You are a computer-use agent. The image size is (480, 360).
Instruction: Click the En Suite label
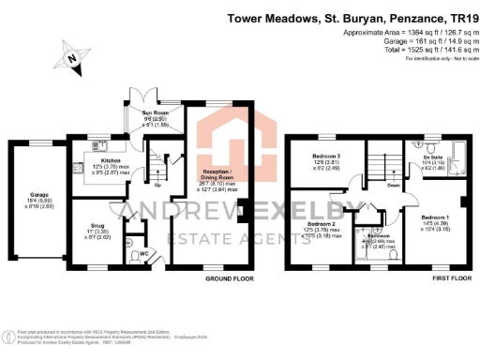click(x=434, y=158)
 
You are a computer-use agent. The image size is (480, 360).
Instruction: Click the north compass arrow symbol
click(x=71, y=60)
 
